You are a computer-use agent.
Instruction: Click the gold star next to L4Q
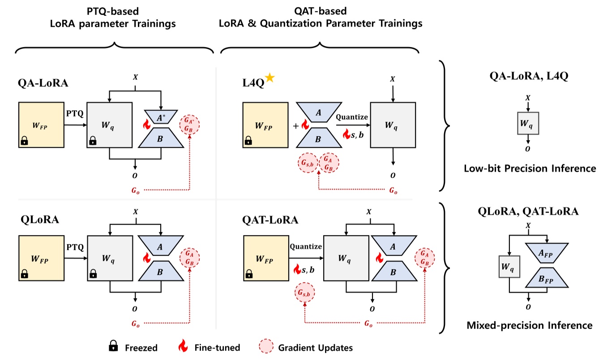coord(270,78)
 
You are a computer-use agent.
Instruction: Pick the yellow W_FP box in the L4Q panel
coord(265,124)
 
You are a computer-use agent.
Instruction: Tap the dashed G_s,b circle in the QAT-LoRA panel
coord(304,293)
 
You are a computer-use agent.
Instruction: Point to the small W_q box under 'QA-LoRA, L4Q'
coord(528,123)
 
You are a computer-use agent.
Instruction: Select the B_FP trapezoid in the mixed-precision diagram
coord(546,278)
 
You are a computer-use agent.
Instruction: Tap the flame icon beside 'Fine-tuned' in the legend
coord(182,346)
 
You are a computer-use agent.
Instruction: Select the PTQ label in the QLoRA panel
coord(75,247)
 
